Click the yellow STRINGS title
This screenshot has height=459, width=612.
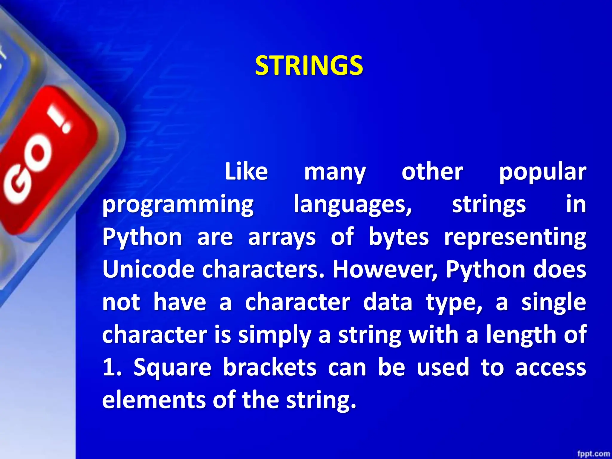tap(309, 65)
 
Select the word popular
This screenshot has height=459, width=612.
tap(542, 172)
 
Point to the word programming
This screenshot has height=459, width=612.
tap(178, 205)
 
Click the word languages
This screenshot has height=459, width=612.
tap(353, 205)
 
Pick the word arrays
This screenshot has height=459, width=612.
tap(282, 237)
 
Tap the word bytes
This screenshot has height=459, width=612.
tap(399, 237)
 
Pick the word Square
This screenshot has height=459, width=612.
tap(172, 368)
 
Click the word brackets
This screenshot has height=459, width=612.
tap(270, 367)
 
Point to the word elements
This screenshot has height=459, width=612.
tap(154, 400)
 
